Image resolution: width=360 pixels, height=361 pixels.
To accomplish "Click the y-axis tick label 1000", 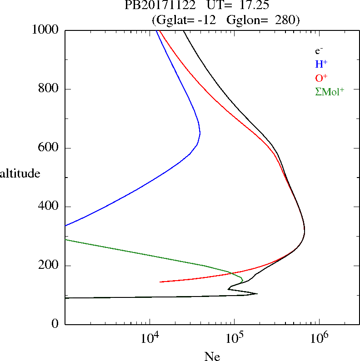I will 46,30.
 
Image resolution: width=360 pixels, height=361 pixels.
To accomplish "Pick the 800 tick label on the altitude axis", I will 50,89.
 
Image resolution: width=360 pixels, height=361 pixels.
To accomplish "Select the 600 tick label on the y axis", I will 50,148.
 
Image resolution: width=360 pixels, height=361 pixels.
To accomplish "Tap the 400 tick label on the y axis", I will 50,207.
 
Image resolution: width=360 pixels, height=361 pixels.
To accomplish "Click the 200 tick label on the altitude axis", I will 50,266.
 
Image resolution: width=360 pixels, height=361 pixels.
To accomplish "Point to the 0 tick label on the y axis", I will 55,324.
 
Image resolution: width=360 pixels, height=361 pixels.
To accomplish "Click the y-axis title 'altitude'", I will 20,173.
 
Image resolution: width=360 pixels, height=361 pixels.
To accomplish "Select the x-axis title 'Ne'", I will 212,357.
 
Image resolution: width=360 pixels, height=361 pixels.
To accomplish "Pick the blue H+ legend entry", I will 321,64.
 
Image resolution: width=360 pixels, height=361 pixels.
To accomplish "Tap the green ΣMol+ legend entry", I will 330,92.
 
